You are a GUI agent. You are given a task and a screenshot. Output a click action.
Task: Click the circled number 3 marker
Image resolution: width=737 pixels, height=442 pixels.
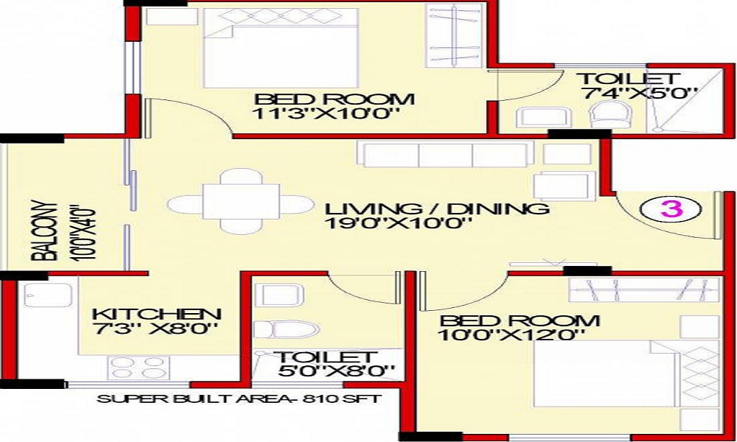click(671, 209)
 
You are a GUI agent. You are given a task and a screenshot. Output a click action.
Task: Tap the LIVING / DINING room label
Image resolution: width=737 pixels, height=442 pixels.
click(436, 208)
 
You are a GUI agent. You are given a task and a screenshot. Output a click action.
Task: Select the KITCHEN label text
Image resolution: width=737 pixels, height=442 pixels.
click(156, 315)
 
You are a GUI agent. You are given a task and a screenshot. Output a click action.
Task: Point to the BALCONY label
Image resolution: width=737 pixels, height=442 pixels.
click(45, 231)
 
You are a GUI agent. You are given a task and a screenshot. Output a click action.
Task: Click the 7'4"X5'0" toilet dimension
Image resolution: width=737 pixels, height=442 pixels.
click(639, 93)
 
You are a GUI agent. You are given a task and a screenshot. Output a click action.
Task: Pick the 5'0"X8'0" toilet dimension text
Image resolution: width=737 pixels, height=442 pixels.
click(335, 371)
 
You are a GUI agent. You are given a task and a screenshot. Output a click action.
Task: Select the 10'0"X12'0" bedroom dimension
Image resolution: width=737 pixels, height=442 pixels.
click(511, 335)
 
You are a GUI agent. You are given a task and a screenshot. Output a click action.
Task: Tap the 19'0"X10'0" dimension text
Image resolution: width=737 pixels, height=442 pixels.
click(398, 223)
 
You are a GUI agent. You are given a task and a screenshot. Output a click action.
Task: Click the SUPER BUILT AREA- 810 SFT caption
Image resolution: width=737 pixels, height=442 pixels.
click(240, 399)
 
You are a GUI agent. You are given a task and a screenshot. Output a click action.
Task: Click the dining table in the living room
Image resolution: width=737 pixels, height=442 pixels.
click(241, 202)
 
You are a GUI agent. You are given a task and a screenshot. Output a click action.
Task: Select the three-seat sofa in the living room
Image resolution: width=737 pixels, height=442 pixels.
click(445, 154)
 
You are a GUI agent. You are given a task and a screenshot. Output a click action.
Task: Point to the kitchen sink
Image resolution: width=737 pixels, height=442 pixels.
click(48, 295)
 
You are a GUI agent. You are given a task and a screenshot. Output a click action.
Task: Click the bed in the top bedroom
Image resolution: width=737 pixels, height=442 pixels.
click(281, 48)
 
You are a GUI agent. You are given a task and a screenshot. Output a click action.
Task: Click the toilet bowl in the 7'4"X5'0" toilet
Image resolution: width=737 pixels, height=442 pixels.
click(608, 115)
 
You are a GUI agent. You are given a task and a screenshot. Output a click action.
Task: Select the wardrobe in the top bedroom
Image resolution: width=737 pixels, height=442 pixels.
click(453, 35)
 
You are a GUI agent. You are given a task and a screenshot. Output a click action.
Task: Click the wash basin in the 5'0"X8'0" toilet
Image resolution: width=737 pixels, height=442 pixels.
click(279, 295)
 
